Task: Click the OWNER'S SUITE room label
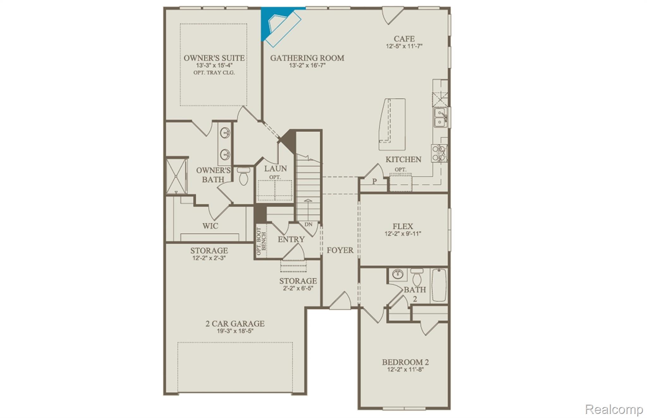214,58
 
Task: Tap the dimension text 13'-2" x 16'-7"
307,66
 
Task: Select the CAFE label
404,39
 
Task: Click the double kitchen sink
440,117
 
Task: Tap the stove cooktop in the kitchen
439,153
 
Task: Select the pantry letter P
374,182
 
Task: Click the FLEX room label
402,227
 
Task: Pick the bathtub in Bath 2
439,285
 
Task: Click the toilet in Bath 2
417,278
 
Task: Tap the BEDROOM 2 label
405,362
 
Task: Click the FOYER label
340,250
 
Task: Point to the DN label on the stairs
308,224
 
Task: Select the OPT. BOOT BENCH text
261,241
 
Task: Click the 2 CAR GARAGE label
235,324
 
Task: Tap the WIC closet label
210,226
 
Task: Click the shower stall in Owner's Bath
177,176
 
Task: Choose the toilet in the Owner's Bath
244,176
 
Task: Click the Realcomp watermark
614,409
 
